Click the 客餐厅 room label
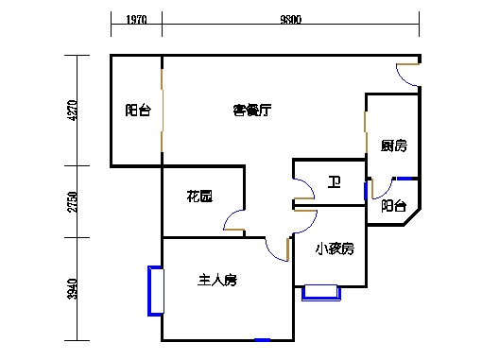[252, 111]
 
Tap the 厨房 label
[393, 146]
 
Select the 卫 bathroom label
[334, 182]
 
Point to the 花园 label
[198, 197]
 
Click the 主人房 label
[216, 280]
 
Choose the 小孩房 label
[335, 249]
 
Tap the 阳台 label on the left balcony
[137, 111]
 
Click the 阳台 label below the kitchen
[394, 205]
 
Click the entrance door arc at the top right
[407, 76]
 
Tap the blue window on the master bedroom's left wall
[154, 292]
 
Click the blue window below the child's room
[321, 294]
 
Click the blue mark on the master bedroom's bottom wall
[263, 339]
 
